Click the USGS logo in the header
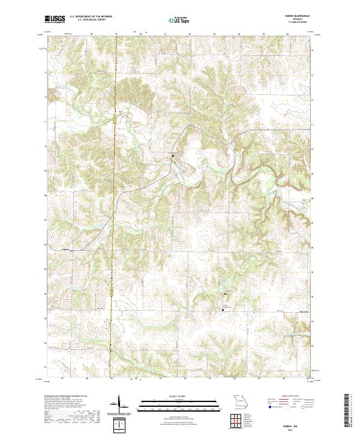[55, 20]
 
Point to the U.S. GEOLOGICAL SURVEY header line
[87, 21]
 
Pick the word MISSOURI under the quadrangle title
[301, 20]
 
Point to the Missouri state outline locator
[241, 401]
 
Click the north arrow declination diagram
[119, 403]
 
